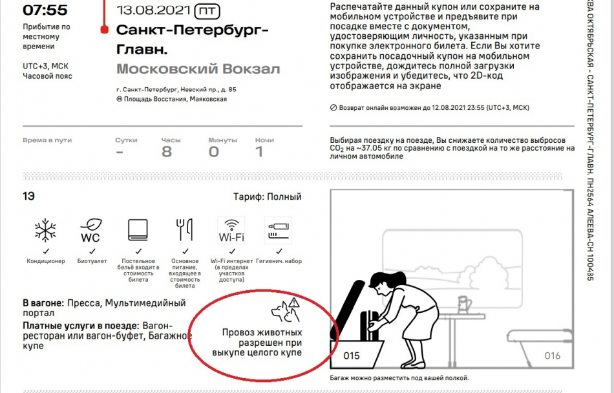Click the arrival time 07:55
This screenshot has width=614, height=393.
pyautogui.click(x=45, y=10)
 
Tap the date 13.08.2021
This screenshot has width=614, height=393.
pyautogui.click(x=153, y=10)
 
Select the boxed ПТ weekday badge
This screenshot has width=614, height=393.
pyautogui.click(x=207, y=11)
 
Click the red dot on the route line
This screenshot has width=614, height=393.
pyautogui.click(x=104, y=29)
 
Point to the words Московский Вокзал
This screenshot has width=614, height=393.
pyautogui.click(x=198, y=69)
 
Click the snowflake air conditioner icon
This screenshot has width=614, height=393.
pyautogui.click(x=45, y=230)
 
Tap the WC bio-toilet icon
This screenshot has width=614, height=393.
pyautogui.click(x=91, y=231)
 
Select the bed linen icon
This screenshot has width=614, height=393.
pyautogui.click(x=138, y=229)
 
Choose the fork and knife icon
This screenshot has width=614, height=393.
pyautogui.click(x=184, y=229)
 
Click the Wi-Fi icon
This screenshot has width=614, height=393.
pyautogui.click(x=231, y=231)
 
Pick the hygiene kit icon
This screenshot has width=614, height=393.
pyautogui.click(x=278, y=231)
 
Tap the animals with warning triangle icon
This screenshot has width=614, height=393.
pyautogui.click(x=286, y=310)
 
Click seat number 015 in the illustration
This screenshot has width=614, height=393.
pyautogui.click(x=351, y=356)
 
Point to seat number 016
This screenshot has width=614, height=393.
pyautogui.click(x=552, y=356)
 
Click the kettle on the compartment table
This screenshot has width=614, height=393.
pyautogui.click(x=464, y=304)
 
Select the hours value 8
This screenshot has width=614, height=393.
pyautogui.click(x=167, y=152)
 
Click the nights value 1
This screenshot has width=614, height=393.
pyautogui.click(x=259, y=152)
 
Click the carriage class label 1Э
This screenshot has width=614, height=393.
pyautogui.click(x=28, y=196)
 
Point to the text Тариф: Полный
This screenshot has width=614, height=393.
pyautogui.click(x=268, y=197)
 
